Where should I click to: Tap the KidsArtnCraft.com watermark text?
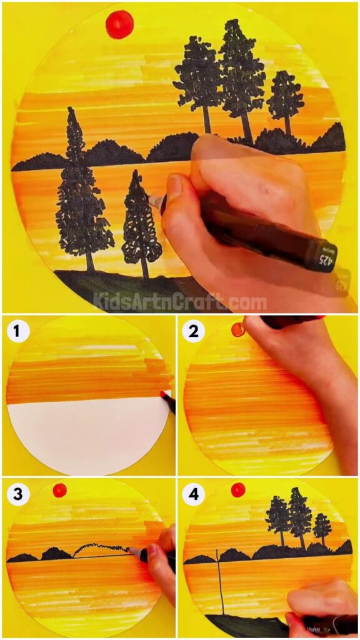pos(180,303)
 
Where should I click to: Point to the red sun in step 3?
pos(59,490)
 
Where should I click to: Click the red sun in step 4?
pos(237,489)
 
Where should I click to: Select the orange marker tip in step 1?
pos(164,395)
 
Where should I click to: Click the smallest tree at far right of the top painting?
pos(285,100)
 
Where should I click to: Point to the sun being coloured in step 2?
pos(237,329)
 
